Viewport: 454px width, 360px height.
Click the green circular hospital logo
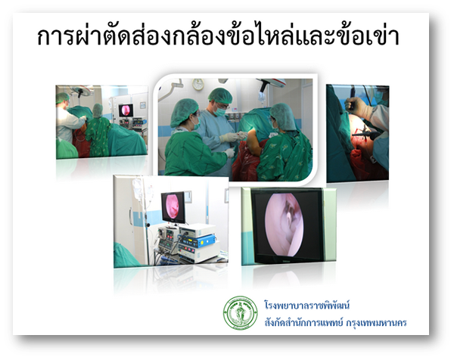[x=241, y=313]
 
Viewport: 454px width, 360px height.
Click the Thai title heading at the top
[x=219, y=37]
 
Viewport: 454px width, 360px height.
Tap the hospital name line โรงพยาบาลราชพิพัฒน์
[x=306, y=305]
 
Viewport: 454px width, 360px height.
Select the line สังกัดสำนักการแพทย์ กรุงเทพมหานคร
[x=335, y=322]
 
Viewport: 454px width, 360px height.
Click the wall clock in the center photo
[x=198, y=84]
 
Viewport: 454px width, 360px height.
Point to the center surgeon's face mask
[x=220, y=111]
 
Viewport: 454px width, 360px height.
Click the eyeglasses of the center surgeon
[x=222, y=106]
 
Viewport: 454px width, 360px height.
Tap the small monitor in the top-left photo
[x=126, y=110]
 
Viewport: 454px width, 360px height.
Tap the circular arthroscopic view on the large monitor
[x=284, y=225]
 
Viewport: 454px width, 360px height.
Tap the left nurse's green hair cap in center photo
[x=184, y=112]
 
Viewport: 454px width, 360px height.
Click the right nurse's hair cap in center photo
[x=284, y=116]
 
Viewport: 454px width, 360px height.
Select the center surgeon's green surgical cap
[x=220, y=95]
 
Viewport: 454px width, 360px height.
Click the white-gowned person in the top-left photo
[x=68, y=123]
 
